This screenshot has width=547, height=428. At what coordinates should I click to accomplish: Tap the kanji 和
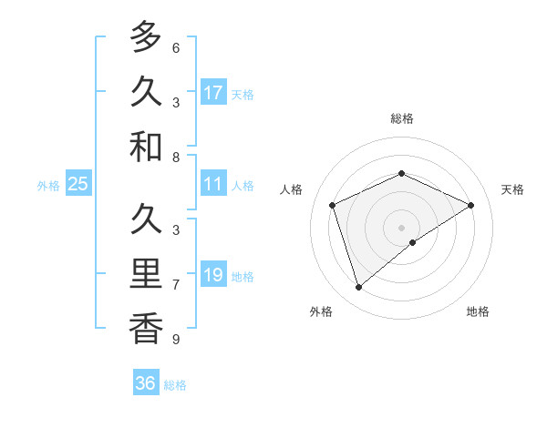pos(145,148)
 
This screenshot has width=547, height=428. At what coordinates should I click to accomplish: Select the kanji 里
pos(145,274)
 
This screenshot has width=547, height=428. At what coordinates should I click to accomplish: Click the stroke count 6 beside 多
pos(176,47)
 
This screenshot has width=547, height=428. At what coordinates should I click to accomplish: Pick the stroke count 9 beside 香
pos(176,340)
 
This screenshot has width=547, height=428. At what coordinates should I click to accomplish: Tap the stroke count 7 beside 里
pos(176,285)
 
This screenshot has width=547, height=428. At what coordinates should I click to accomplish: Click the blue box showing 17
pos(213,92)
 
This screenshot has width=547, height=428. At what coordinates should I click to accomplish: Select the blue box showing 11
pos(213,184)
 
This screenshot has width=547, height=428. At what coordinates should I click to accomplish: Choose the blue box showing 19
pos(213,275)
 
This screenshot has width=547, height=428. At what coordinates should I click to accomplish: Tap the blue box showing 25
pos(77,184)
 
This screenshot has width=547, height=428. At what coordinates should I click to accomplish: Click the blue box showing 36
pos(146,383)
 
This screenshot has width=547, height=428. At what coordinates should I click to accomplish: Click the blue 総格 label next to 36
pos(175,385)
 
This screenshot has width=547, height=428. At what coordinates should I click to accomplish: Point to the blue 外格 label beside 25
pos(48,186)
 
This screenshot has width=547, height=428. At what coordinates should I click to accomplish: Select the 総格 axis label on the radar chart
pos(402,118)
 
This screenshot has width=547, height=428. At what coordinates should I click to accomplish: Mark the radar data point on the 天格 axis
pos(471,205)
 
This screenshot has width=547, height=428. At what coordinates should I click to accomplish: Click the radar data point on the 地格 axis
pos(413,242)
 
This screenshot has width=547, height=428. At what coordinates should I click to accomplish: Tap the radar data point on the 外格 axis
pos(358,288)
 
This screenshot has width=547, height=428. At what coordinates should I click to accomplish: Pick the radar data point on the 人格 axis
pos(333,205)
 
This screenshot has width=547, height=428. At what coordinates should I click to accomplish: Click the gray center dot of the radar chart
pos(402,227)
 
